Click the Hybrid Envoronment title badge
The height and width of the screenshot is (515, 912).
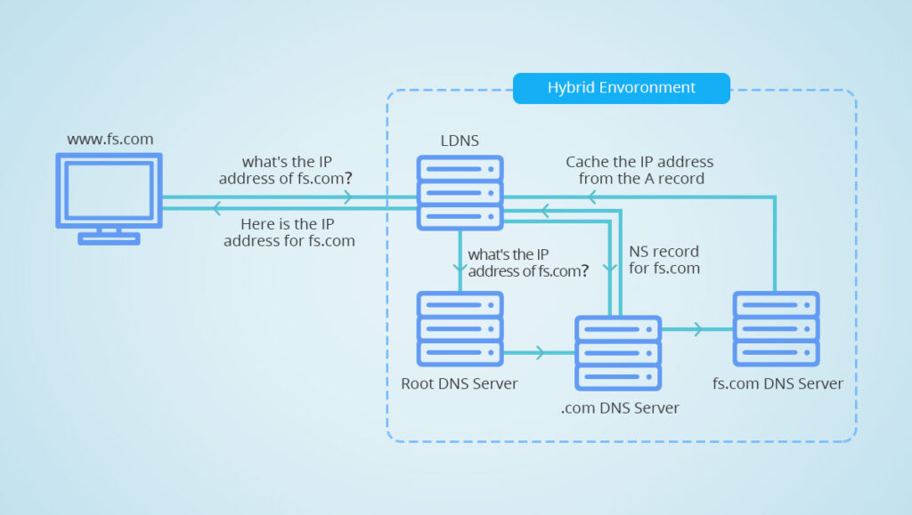(621, 88)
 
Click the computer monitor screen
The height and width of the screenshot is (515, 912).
(109, 189)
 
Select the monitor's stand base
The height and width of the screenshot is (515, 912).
(109, 237)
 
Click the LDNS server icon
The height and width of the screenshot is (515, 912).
(460, 193)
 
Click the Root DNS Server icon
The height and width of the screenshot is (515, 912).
(460, 328)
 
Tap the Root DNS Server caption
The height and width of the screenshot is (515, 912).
(460, 383)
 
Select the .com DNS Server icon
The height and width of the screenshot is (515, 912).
(618, 352)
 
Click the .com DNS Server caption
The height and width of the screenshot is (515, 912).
(620, 408)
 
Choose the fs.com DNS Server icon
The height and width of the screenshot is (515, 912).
(776, 328)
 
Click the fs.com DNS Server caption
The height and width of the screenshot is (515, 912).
(778, 383)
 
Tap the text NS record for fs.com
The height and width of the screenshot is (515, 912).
(664, 260)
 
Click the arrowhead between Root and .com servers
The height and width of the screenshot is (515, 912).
(540, 353)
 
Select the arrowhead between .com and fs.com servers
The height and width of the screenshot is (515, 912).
(698, 329)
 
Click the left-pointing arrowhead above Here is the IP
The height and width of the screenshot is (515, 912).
(216, 209)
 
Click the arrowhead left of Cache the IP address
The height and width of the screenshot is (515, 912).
(590, 198)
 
